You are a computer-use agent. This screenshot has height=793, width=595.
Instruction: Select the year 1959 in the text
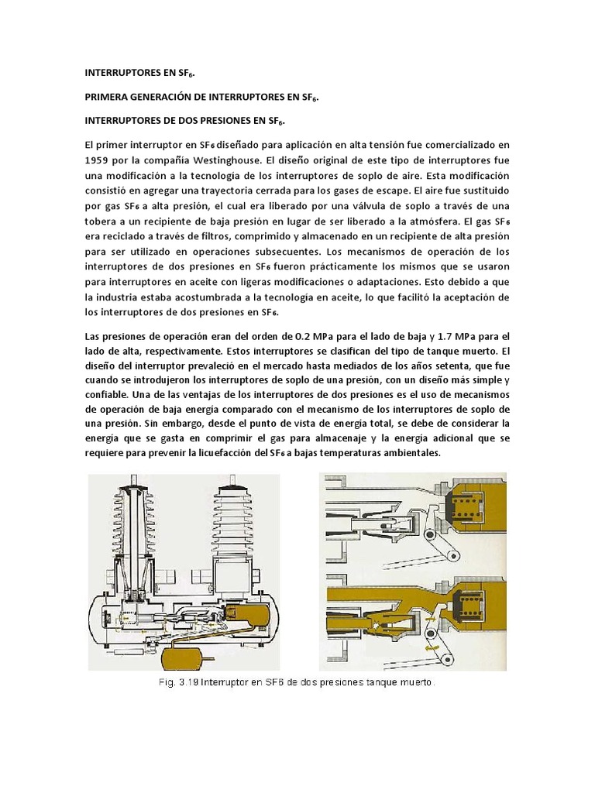[98, 161]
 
